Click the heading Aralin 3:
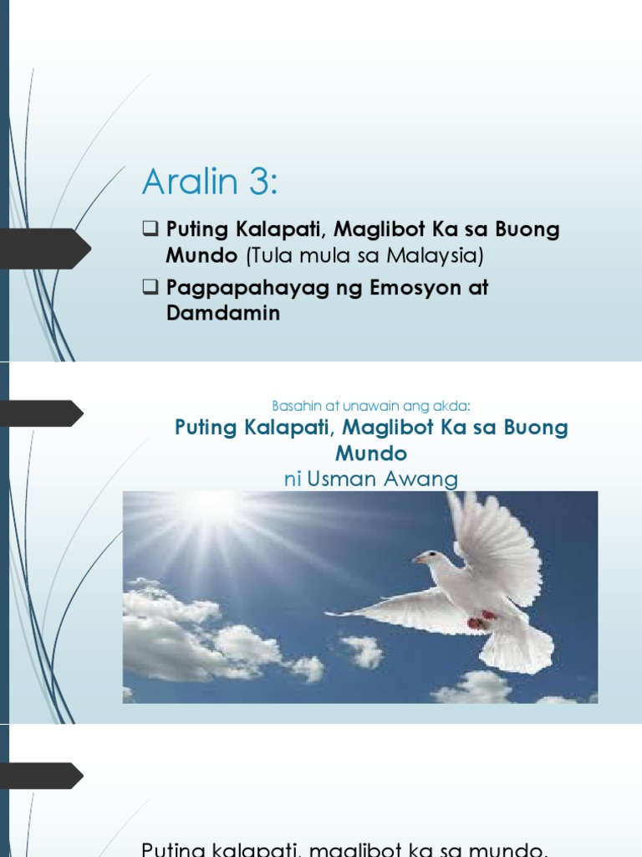coord(209,181)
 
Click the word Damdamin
coord(222,313)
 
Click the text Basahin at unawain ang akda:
coord(372,406)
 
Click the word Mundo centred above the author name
coord(371,454)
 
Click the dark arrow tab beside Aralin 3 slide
coord(45,248)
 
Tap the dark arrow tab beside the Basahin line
coord(42,413)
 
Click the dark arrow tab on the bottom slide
coord(42,775)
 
